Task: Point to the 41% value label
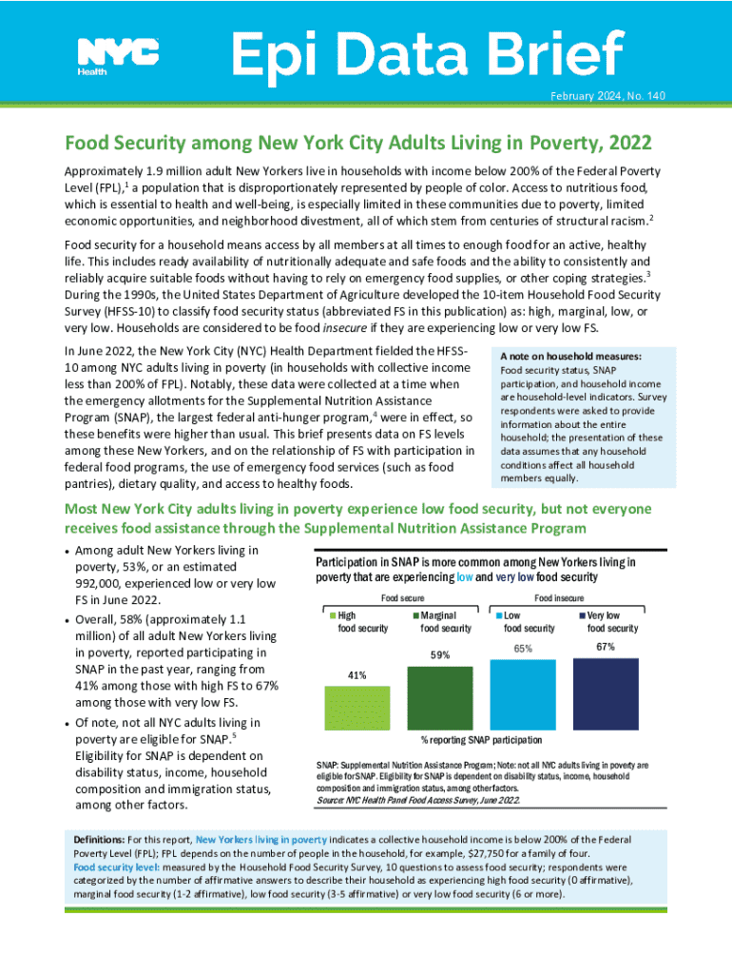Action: tap(356, 675)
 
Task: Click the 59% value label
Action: tap(440, 655)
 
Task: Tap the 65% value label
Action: tap(523, 649)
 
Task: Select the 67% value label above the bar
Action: tap(606, 647)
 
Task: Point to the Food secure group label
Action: tap(403, 597)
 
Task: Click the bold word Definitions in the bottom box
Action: tap(99, 841)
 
